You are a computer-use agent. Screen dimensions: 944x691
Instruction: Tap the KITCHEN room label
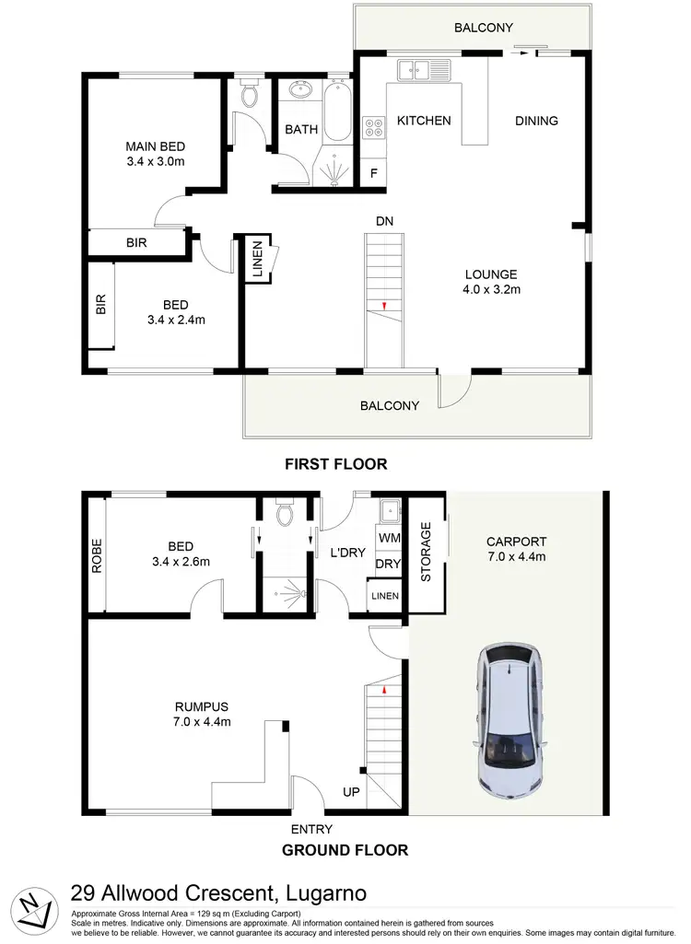[x=424, y=121]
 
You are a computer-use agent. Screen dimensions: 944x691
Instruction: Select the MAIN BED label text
[x=155, y=146]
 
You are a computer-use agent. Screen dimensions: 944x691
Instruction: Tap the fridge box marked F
[x=374, y=173]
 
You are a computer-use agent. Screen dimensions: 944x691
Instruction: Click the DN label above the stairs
[x=385, y=221]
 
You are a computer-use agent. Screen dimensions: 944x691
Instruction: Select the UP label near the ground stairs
[x=351, y=791]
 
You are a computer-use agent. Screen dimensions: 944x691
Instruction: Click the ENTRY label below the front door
[x=310, y=828]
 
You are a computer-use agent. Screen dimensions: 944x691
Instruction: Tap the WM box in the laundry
[x=387, y=536]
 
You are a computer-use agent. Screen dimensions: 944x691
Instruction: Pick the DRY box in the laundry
[x=387, y=564]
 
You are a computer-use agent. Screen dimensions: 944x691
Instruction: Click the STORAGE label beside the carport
[x=426, y=552]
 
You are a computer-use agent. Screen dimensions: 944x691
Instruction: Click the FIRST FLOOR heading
[x=335, y=464]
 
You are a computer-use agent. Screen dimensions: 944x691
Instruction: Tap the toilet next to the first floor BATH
[x=249, y=95]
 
